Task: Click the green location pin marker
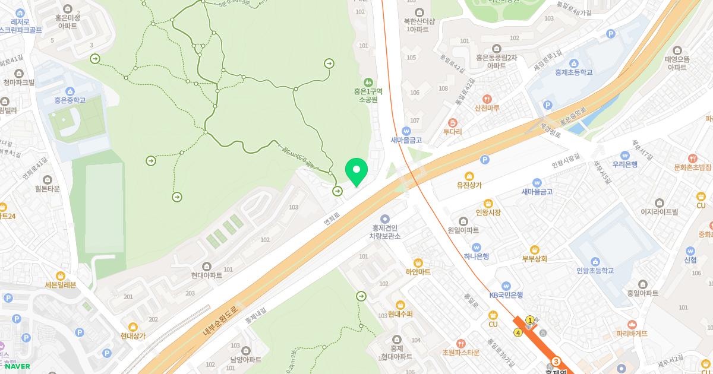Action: coord(356,171)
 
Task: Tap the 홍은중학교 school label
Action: coord(70,100)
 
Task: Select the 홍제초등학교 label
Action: coord(573,72)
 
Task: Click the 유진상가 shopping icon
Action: coord(469,176)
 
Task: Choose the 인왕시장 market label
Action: coord(488,212)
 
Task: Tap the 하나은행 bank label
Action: coord(476,256)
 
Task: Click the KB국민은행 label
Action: coord(506,294)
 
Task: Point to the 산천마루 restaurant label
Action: coord(487,108)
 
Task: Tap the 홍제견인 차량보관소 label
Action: coord(384,232)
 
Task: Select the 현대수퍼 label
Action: coord(400,313)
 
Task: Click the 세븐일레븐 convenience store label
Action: coord(61,284)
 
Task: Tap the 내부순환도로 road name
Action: coord(220,320)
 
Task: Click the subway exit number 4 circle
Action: coord(518,333)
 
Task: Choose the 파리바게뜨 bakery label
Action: coord(631,333)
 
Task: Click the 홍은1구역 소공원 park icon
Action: coord(368,81)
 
